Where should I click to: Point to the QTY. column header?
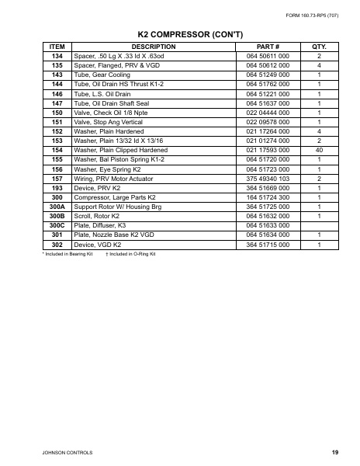(319, 47)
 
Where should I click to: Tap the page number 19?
(334, 450)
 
